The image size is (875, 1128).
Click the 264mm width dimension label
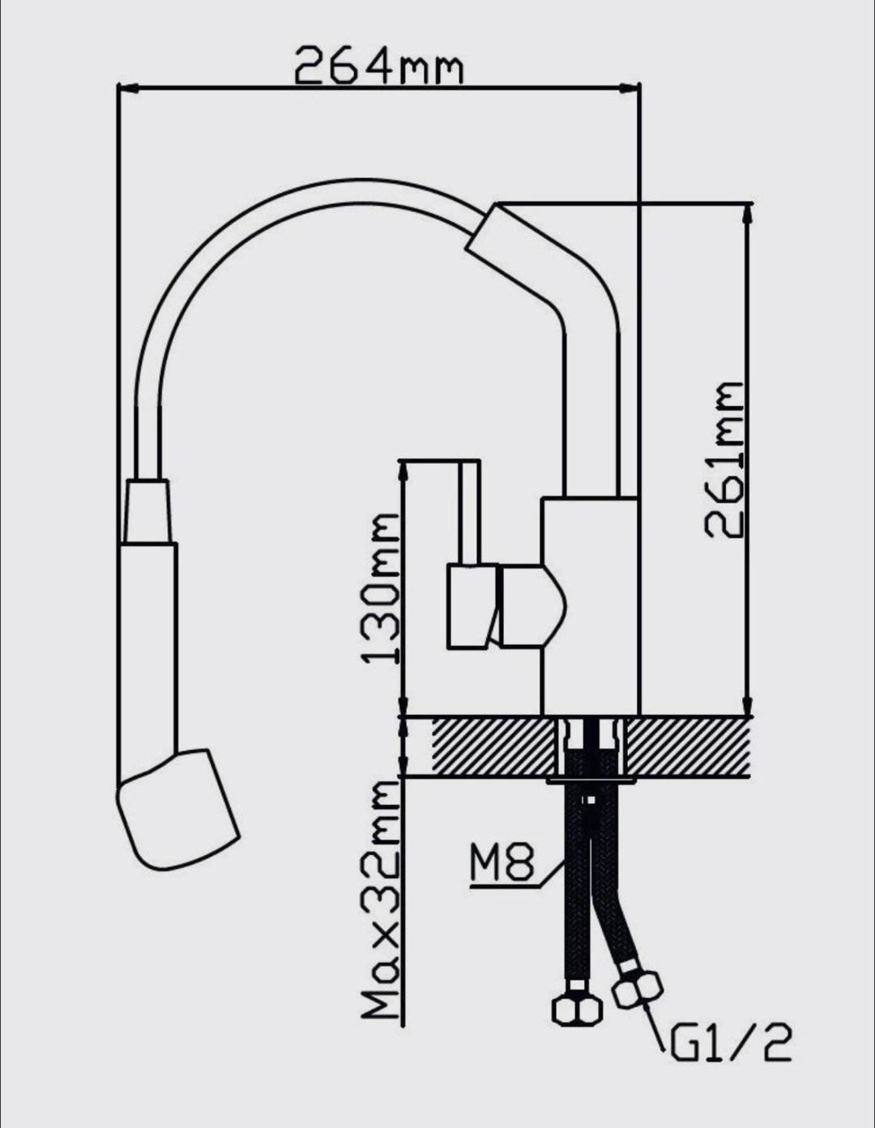point(378,65)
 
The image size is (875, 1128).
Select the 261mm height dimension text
point(723,460)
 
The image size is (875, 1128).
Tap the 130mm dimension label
point(380,588)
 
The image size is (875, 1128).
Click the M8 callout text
point(502,862)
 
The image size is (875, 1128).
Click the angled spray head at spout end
point(177,811)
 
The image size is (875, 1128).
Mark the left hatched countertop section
point(493,747)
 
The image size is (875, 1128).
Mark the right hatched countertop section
point(689,747)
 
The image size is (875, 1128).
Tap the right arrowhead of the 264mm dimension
point(630,89)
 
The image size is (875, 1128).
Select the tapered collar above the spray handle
point(147,512)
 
